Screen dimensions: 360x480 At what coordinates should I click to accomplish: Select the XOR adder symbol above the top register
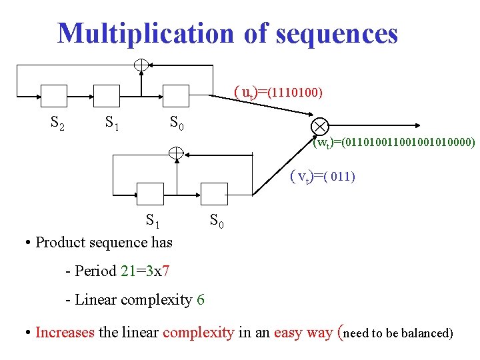pos(141,65)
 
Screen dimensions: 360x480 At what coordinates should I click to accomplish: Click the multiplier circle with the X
pos(319,126)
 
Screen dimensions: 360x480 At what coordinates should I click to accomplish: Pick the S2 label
pos(58,122)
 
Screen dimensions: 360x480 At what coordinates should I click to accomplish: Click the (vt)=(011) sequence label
pos(322,177)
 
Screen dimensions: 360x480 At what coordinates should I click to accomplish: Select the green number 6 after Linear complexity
pos(201,300)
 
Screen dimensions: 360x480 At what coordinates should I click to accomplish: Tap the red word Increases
pos(65,332)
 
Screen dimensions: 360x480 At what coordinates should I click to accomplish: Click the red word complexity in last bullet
pos(198,332)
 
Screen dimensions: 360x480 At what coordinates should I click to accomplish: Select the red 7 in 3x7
pos(165,271)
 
